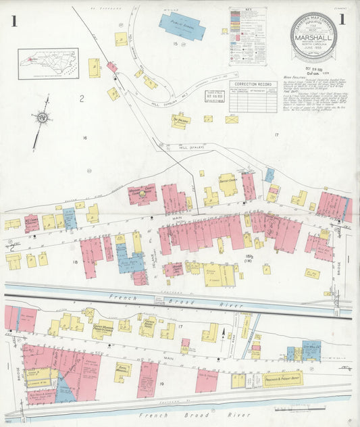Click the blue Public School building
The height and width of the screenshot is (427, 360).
coord(182,26)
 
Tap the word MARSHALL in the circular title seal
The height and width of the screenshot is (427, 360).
coord(313,37)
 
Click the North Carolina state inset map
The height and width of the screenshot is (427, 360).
coord(48,64)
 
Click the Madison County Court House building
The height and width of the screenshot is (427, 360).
coord(143,194)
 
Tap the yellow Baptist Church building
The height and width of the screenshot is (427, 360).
coord(228,184)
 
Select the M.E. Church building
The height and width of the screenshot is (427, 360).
coord(32,222)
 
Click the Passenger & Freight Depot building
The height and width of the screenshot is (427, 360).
coord(283,379)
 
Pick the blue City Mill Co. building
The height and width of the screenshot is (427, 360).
coord(311,351)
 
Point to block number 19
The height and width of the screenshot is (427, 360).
coord(161,382)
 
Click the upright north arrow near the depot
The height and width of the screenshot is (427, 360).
coord(224,332)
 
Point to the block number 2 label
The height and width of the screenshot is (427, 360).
coord(81,99)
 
